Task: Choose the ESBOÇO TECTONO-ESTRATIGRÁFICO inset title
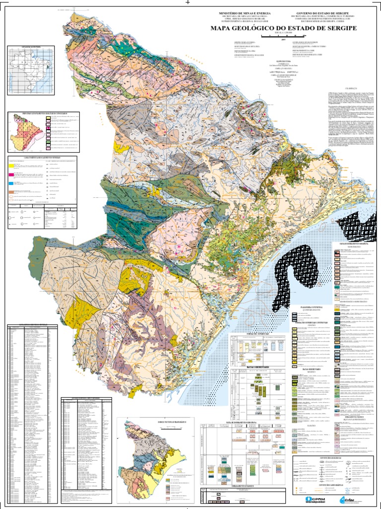pos(148,422)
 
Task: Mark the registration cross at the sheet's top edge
pos(188,2)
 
